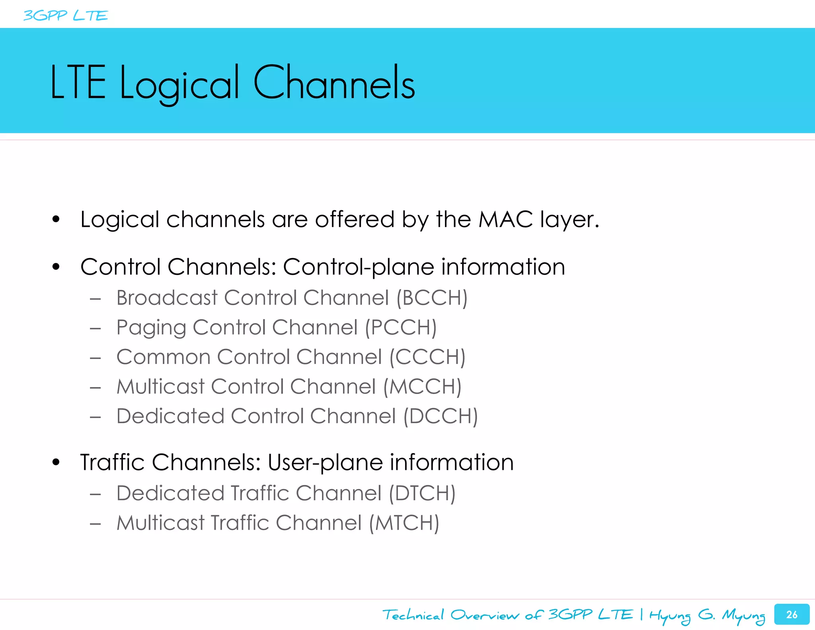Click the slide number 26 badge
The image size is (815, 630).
click(x=792, y=614)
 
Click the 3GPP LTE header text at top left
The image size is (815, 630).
click(x=66, y=16)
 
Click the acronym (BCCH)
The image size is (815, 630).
click(x=432, y=298)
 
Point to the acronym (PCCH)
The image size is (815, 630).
click(x=401, y=327)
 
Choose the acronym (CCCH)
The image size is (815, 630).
click(x=427, y=357)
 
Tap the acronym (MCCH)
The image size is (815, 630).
click(x=422, y=386)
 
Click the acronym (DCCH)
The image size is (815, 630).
click(x=441, y=416)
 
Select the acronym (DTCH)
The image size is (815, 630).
click(x=422, y=493)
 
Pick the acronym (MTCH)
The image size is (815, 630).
click(x=404, y=523)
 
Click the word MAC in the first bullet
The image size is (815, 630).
click(x=505, y=219)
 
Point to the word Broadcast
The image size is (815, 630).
click(x=167, y=298)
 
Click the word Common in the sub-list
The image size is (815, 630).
click(x=163, y=357)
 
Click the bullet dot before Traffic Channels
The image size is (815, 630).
click(x=56, y=462)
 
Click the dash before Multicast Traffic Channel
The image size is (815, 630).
click(x=95, y=524)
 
